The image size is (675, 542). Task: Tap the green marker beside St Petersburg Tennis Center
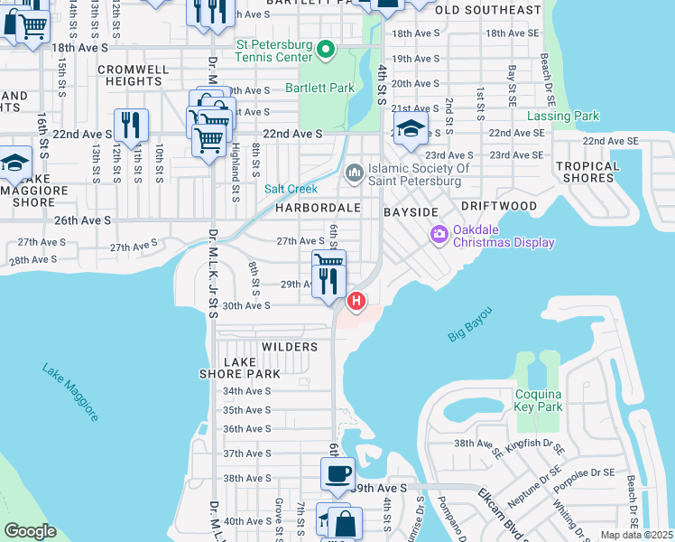tap(327, 50)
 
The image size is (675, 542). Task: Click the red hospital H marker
tap(357, 300)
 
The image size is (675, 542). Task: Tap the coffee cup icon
tap(338, 472)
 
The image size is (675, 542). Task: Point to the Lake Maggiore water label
tap(69, 393)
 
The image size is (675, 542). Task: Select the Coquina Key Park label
tap(539, 400)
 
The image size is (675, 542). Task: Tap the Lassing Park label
tap(563, 117)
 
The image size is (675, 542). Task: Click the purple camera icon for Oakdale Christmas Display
tap(439, 235)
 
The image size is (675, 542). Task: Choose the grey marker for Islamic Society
tap(354, 171)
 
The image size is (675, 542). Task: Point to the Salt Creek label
tap(290, 189)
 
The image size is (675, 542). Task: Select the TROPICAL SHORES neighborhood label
tap(588, 172)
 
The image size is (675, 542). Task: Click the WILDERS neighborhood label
tap(290, 347)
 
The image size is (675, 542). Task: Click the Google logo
tap(31, 531)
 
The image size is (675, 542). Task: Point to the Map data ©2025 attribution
tap(635, 535)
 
